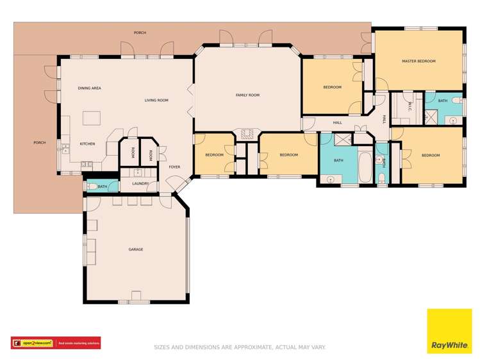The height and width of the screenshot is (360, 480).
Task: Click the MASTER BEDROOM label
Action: (418, 61)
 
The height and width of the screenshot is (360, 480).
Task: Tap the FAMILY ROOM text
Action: (247, 95)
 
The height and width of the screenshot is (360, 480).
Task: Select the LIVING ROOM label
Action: (156, 101)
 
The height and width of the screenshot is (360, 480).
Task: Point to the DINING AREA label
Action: (90, 88)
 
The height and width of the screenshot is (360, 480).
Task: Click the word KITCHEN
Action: (87, 144)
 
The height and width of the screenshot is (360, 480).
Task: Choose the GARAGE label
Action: (136, 249)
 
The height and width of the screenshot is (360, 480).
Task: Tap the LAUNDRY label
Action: (140, 184)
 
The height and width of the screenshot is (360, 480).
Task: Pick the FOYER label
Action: (174, 167)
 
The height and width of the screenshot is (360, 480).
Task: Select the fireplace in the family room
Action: (247, 134)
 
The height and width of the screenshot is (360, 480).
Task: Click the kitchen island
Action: (92, 119)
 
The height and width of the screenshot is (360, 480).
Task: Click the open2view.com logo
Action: (33, 343)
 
